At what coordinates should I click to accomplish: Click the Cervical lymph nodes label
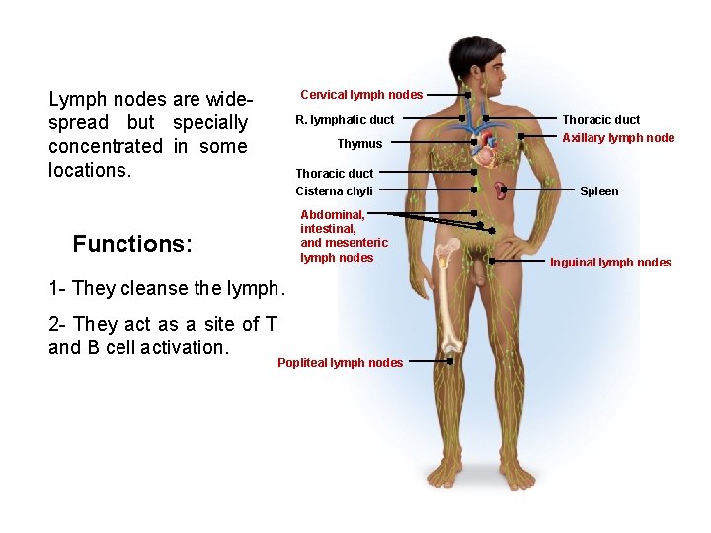[361, 95]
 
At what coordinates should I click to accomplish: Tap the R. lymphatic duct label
[345, 120]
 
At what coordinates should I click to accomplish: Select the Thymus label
[359, 144]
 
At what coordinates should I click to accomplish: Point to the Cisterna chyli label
[334, 191]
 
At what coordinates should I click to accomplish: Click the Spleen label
[598, 191]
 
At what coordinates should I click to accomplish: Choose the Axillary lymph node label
[618, 138]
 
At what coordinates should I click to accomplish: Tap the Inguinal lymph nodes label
[610, 263]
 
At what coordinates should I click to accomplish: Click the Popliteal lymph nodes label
[340, 363]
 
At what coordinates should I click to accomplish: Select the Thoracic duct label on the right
[600, 120]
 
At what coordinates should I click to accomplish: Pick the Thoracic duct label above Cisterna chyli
[334, 174]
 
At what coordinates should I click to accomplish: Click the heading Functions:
[132, 244]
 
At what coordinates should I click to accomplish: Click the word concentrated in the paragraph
[105, 146]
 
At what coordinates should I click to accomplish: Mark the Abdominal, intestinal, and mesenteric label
[343, 236]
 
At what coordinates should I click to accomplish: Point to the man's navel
[478, 213]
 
